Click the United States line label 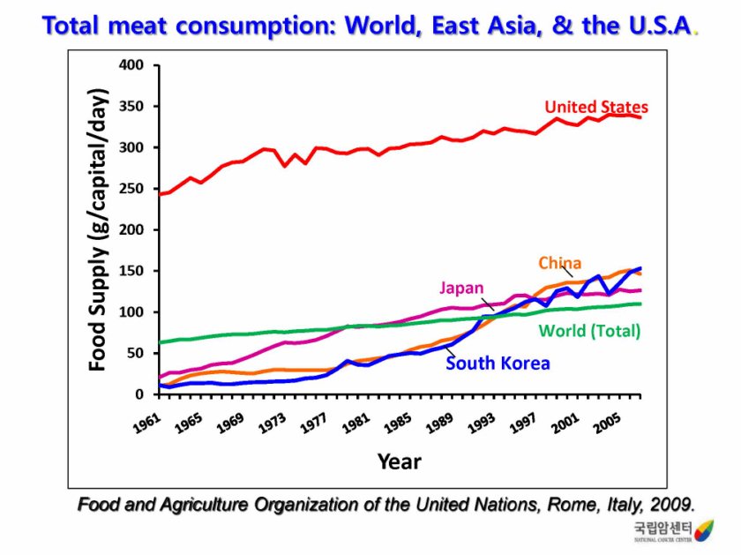(596, 108)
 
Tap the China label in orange (560, 263)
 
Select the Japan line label (462, 288)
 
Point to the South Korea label (498, 363)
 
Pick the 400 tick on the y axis (131, 65)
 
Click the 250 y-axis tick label (131, 189)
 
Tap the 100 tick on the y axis (131, 312)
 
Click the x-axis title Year (400, 461)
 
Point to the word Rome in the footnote (558, 505)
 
